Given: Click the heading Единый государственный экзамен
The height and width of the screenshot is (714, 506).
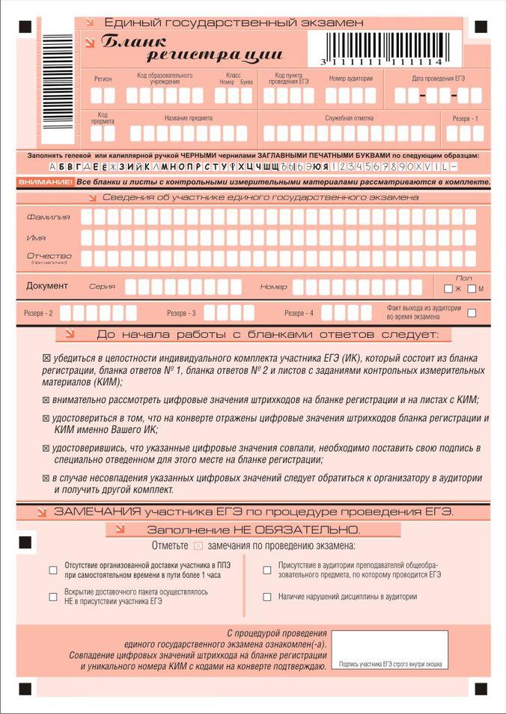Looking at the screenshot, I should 234,23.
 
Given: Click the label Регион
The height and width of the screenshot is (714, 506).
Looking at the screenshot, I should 103,79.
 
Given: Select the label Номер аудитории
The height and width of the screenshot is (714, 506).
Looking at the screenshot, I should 350,79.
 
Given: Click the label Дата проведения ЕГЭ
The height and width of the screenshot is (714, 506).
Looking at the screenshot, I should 438,79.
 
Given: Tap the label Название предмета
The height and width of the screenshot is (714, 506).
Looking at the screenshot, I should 189,118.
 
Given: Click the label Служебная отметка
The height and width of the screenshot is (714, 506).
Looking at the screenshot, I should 349,118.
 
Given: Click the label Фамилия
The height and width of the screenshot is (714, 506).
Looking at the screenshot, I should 48,217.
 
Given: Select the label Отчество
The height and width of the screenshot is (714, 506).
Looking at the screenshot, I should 49,256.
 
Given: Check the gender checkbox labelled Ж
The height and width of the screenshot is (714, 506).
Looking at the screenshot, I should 448,289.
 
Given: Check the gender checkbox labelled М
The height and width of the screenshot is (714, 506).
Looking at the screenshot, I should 472,289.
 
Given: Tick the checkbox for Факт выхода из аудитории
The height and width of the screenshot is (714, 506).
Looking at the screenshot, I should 472,313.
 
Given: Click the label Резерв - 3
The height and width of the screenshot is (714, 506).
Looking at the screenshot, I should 181,313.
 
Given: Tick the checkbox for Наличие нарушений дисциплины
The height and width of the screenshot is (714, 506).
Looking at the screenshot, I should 266,597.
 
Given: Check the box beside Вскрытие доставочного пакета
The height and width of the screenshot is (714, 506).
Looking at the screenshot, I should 53,597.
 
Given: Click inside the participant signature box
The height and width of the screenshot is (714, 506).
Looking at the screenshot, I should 389,647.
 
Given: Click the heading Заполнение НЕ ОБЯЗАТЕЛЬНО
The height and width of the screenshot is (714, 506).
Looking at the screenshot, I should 253,529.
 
